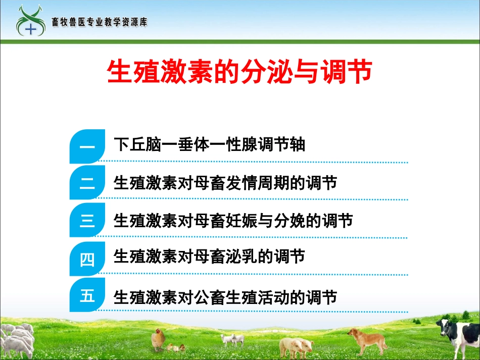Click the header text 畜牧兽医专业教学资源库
pos(100,22)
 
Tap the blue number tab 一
pos(87,147)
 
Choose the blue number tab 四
pos(87,259)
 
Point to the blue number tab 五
pos(87,295)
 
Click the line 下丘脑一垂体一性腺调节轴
pos(210,145)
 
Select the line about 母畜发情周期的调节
pos(225,183)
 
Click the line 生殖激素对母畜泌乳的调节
pos(210,257)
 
